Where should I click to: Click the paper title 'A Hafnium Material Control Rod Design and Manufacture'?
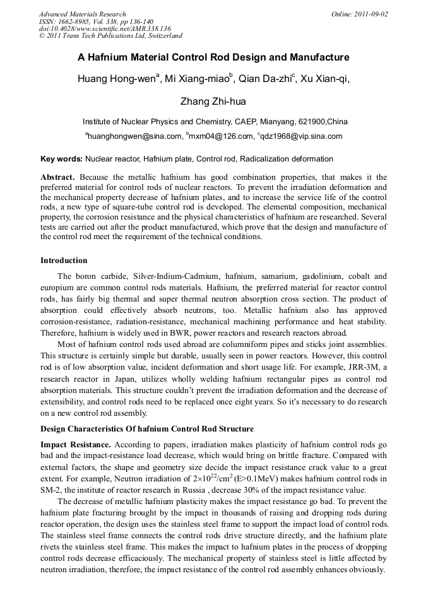point(213,57)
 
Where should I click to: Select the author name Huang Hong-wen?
point(116,79)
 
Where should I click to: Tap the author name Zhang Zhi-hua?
point(213,101)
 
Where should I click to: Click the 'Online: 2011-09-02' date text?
point(359,14)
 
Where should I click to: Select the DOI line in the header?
point(105,29)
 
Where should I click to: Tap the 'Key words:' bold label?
point(61,159)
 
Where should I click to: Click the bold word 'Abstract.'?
point(59,178)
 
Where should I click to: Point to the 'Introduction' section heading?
point(64,260)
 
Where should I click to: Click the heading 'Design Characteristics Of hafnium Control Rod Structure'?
point(147,429)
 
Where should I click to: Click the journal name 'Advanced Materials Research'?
point(82,14)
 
